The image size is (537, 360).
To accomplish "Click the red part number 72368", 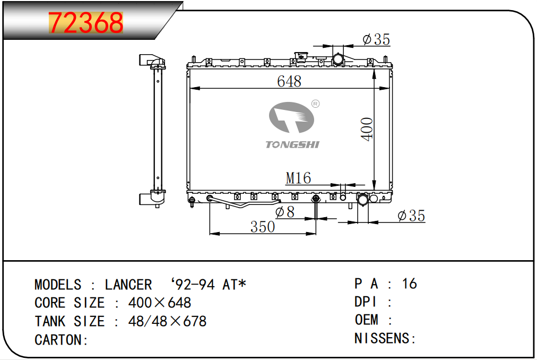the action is click(x=86, y=23).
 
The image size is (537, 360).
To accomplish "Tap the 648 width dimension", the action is click(x=289, y=82).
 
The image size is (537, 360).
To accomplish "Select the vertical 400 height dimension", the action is click(x=367, y=129).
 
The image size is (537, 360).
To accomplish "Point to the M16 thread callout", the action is click(x=298, y=178).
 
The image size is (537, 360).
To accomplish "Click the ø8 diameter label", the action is click(x=285, y=212).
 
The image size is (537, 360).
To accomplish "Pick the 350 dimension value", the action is click(x=263, y=227).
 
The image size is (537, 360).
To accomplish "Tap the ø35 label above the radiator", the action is click(x=376, y=39).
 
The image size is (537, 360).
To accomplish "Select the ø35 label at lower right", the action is click(x=411, y=216).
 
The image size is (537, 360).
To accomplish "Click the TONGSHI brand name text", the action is click(x=292, y=144).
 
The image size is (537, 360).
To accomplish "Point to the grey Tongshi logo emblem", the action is click(x=291, y=117).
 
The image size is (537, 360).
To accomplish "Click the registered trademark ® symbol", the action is click(x=315, y=104).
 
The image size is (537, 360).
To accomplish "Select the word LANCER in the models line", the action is click(x=128, y=285).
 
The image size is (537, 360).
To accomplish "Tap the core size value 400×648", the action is click(x=160, y=303).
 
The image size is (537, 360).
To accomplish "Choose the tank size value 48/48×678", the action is click(x=168, y=321).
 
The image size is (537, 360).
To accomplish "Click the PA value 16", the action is click(x=410, y=284).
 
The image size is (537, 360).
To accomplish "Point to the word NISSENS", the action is click(x=382, y=338).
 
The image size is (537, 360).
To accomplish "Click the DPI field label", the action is click(x=366, y=302).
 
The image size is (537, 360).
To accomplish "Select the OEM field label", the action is click(x=367, y=320).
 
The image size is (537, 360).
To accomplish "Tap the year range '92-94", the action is click(x=193, y=285).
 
